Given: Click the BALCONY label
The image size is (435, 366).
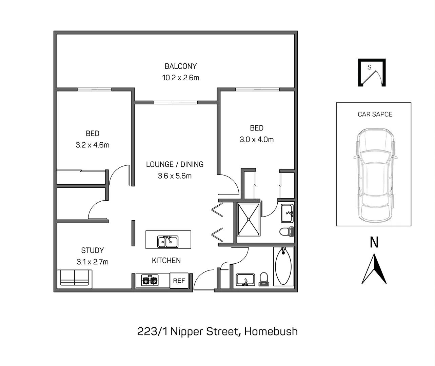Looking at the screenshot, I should [x=180, y=66].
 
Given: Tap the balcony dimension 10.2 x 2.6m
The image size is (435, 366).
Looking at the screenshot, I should [x=180, y=78].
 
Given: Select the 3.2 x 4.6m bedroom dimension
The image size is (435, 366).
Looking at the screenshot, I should [x=93, y=145].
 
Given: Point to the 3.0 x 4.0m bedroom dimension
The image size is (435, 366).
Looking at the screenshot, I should [x=257, y=139].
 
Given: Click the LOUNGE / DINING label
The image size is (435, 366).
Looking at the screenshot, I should [x=175, y=164].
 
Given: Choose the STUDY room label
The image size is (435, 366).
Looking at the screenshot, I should [x=92, y=250].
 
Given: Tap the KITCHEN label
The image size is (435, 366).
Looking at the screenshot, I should [x=166, y=260].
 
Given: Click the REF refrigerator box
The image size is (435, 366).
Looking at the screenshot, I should [x=179, y=281].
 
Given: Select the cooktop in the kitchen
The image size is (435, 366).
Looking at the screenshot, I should [x=150, y=281].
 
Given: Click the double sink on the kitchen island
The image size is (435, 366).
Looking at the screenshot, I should [x=168, y=242].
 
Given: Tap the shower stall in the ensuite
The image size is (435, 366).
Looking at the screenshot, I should [x=249, y=219].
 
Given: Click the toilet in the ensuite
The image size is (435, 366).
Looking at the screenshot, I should [x=286, y=232].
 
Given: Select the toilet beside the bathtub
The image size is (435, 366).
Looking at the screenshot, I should [x=263, y=280].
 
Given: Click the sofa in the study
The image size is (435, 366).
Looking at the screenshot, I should [x=75, y=278].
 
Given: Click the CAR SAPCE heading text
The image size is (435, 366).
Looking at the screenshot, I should [x=375, y=114].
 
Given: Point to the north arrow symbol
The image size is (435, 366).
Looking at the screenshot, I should [x=374, y=269].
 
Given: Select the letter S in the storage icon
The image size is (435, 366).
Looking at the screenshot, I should [x=370, y=67].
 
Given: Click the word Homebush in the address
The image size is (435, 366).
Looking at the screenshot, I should [x=271, y=331].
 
